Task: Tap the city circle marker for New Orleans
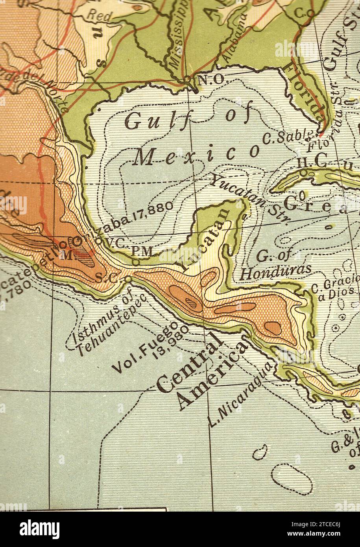coord(187,79)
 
